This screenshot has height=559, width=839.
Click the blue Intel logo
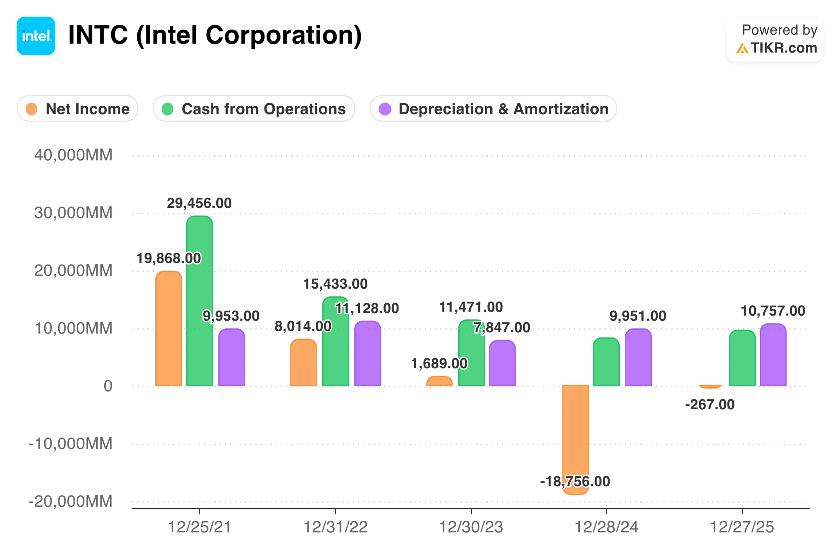(36, 36)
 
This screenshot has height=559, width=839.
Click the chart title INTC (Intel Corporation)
(215, 35)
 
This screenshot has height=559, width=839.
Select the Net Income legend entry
(77, 109)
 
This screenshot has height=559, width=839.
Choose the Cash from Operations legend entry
(254, 109)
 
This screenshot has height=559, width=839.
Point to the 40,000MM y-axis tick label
(73, 155)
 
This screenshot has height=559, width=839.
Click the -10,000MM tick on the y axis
(70, 444)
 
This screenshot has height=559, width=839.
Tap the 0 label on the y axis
(108, 386)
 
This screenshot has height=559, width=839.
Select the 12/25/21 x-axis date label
(199, 527)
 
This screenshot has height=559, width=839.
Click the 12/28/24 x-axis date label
(606, 527)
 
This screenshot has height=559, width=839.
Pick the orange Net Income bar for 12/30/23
(439, 381)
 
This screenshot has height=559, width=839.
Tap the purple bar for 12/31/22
(367, 355)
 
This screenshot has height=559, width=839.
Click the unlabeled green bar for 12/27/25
(742, 358)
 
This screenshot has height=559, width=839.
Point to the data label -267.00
(710, 405)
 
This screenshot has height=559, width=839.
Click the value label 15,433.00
(335, 284)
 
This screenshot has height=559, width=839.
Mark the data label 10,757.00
(773, 311)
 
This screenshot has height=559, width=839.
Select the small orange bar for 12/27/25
(710, 386)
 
